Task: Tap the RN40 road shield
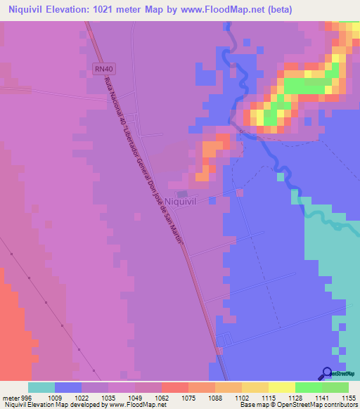coord(102,68)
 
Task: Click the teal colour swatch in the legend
coord(41,387)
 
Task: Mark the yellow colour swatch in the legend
coord(282,387)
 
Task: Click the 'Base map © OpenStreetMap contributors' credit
coord(299,405)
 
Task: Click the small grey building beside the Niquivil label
coord(182,193)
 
